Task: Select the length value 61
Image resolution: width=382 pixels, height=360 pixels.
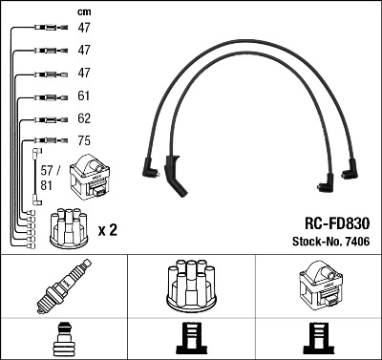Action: coord(84,96)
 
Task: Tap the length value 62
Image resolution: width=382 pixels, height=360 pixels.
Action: coord(84,119)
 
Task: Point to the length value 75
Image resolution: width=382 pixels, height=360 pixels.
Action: coord(84,141)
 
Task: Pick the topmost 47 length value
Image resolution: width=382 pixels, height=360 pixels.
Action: coord(84,30)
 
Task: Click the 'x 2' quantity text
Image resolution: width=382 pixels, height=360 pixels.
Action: coord(109,230)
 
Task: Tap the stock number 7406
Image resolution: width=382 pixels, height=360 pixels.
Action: coord(355,242)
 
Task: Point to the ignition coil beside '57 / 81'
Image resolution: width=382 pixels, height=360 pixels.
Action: coord(96,176)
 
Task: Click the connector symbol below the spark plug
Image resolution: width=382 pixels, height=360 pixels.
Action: coord(63,340)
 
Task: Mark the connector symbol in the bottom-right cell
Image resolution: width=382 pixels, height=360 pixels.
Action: coord(318,340)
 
